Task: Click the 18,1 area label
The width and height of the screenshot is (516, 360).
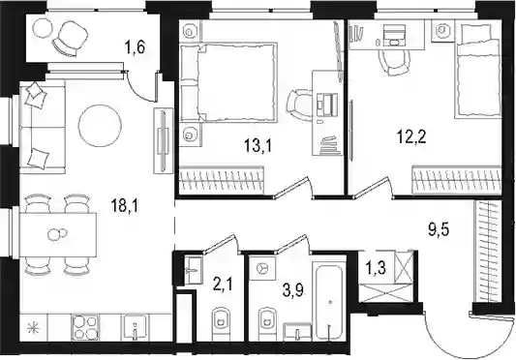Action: (x=125, y=207)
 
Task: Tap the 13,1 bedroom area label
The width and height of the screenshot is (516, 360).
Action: (x=258, y=145)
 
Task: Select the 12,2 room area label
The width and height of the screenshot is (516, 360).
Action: (x=411, y=136)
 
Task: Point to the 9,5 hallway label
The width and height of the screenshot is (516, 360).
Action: (x=439, y=229)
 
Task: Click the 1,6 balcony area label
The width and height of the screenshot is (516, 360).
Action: (x=135, y=47)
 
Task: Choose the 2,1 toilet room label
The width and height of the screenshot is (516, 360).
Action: (x=223, y=284)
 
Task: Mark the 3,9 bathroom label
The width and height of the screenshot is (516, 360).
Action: (x=293, y=291)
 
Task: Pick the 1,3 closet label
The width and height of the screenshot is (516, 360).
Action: (x=376, y=268)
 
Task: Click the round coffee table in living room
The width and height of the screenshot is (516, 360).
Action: (x=100, y=126)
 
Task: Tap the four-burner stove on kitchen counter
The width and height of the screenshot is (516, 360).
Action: (x=84, y=327)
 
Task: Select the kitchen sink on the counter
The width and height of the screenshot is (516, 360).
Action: (x=135, y=328)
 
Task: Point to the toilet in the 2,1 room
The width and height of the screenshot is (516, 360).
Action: (x=220, y=323)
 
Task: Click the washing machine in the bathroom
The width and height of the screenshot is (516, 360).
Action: (x=262, y=268)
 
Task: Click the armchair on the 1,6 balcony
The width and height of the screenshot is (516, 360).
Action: (x=70, y=39)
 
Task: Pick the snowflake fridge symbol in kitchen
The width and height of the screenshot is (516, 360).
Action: (x=33, y=328)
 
